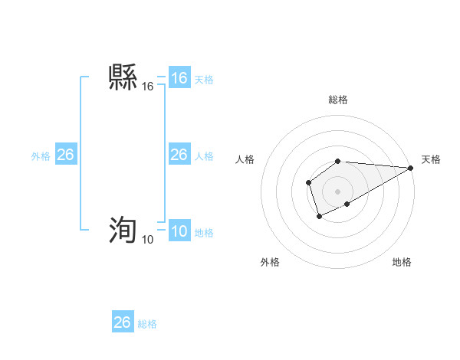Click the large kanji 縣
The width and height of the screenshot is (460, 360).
coord(123,78)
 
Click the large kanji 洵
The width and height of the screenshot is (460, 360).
coord(123,230)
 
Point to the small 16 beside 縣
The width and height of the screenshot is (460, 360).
coord(147,88)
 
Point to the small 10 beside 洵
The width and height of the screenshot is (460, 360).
coord(147,240)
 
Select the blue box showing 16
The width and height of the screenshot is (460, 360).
coord(179,78)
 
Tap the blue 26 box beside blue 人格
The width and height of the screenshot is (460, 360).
coord(179,155)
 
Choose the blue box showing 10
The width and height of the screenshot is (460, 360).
coord(179,232)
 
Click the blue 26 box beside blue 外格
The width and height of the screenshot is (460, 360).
coord(65,155)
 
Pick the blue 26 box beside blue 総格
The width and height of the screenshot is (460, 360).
coord(122,322)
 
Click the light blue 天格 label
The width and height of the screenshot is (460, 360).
coord(204,80)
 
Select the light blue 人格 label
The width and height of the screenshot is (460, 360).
coord(204,156)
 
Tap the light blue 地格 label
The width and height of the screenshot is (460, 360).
coord(204,233)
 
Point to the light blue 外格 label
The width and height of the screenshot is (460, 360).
coord(41,156)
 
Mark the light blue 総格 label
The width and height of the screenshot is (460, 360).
coord(147,324)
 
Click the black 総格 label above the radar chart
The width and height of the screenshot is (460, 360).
coord(338,100)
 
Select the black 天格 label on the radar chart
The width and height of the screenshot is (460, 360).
coord(431,159)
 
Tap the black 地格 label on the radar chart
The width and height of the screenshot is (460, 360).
coord(402,262)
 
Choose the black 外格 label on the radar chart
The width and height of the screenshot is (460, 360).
coord(270,262)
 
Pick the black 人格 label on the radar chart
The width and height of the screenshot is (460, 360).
coord(245,159)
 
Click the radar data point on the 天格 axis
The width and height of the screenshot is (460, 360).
coord(411,168)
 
